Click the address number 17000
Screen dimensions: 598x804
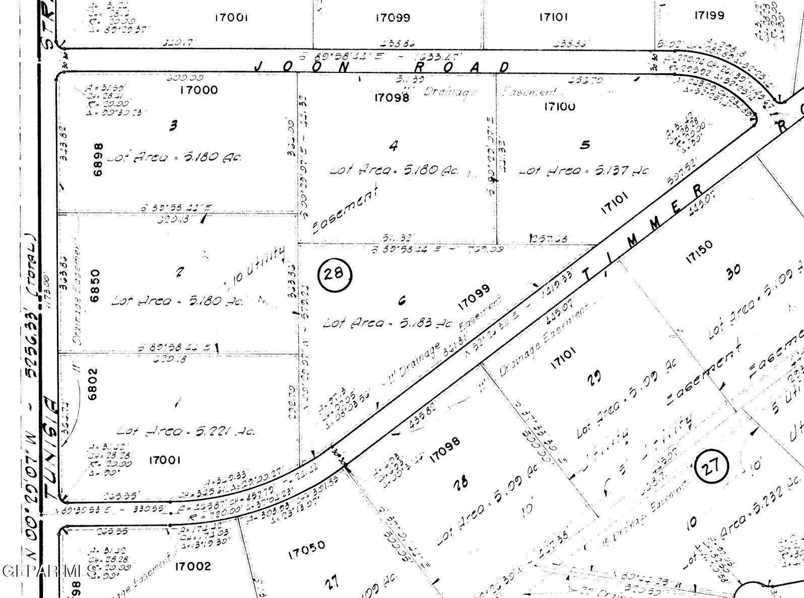click(x=199, y=90)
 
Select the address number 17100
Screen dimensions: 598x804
click(x=559, y=106)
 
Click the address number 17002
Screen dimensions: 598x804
click(x=192, y=566)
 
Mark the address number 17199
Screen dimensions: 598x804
click(x=709, y=16)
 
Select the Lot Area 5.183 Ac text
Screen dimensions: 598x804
click(x=388, y=322)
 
